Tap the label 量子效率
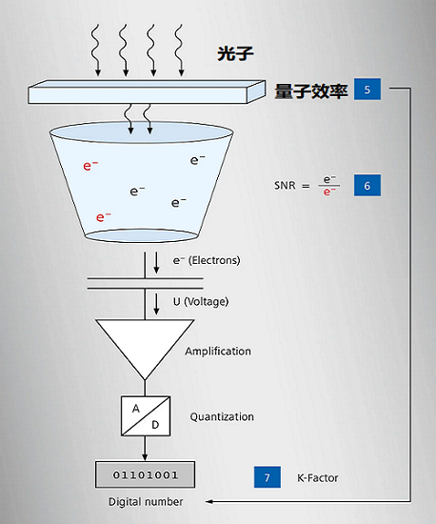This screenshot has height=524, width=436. (310, 91)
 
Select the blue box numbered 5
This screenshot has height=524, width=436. (367, 91)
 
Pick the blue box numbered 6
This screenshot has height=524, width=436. (367, 185)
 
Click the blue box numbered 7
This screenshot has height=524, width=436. (268, 477)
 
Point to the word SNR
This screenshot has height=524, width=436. (287, 185)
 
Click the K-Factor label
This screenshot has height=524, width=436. (317, 477)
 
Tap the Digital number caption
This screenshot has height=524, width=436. (146, 501)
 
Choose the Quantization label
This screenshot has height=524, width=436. (222, 416)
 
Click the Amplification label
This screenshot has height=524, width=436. (218, 351)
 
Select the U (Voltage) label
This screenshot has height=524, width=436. (201, 302)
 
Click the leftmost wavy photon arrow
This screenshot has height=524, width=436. (95, 48)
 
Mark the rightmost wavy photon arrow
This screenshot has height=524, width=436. (178, 48)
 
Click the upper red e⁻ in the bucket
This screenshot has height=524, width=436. (91, 166)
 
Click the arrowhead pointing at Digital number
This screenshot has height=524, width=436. (210, 501)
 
